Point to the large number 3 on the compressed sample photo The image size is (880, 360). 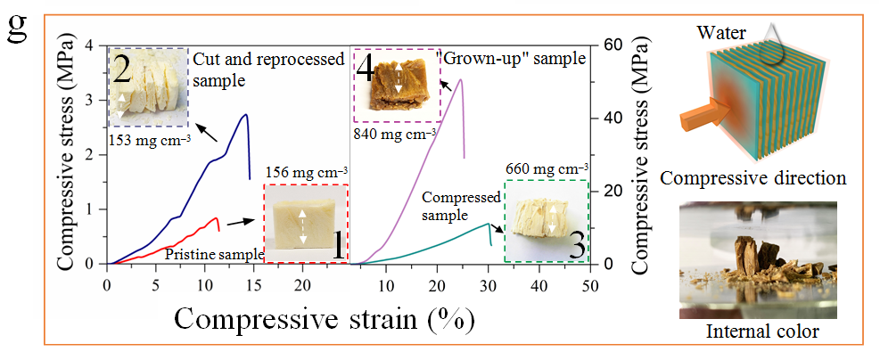point(575,244)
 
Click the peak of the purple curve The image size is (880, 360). point(460,79)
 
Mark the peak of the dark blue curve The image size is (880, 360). point(245,114)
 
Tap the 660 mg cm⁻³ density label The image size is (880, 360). point(545,168)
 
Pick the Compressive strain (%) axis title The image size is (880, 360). point(323,317)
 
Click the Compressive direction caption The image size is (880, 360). point(753,178)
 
